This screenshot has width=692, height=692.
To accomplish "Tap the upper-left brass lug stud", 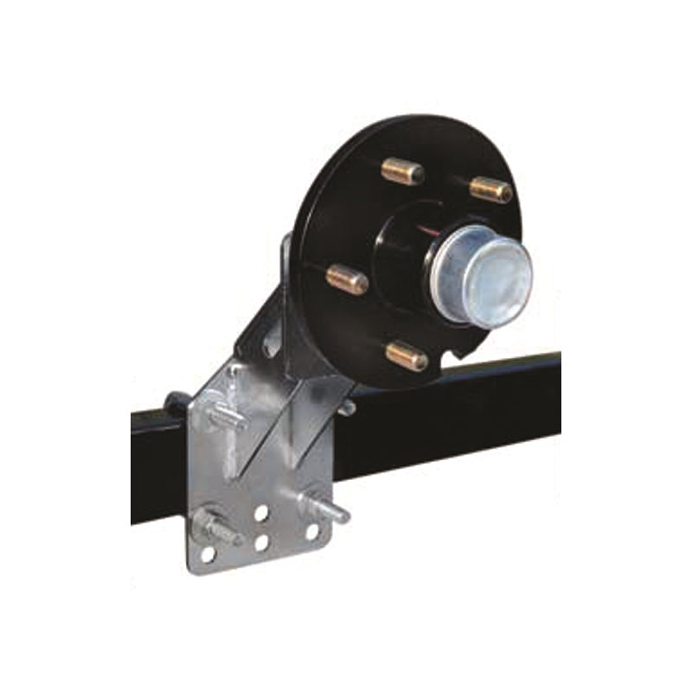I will (x=403, y=171).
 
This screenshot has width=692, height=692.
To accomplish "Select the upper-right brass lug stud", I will (x=490, y=188).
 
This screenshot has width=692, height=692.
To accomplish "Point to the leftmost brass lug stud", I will (x=348, y=279).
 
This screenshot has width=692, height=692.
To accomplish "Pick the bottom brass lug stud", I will (x=406, y=356).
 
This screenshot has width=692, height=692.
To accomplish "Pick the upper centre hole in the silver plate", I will (x=261, y=513).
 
